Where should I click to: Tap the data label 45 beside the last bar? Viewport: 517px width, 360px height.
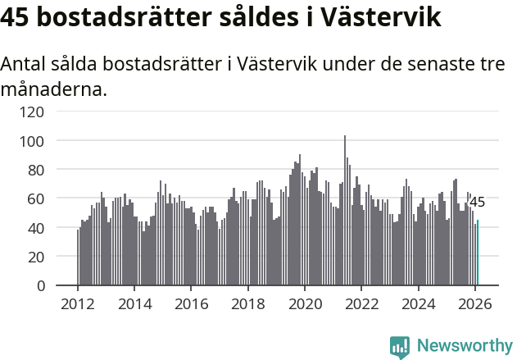(x=477, y=202)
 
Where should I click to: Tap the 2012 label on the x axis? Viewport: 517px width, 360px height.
(x=78, y=303)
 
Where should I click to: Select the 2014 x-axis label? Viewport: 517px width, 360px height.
(x=134, y=303)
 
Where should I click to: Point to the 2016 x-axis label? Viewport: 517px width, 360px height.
(x=191, y=303)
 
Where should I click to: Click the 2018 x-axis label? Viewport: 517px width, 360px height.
(x=247, y=303)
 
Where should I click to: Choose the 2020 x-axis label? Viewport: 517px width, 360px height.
(x=304, y=303)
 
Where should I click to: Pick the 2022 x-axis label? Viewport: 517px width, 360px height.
(x=361, y=303)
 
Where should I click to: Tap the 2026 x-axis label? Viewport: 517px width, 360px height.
(x=474, y=303)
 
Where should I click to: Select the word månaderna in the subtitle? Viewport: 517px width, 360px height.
(x=54, y=89)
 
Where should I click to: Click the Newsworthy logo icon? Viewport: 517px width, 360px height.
(x=400, y=347)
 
